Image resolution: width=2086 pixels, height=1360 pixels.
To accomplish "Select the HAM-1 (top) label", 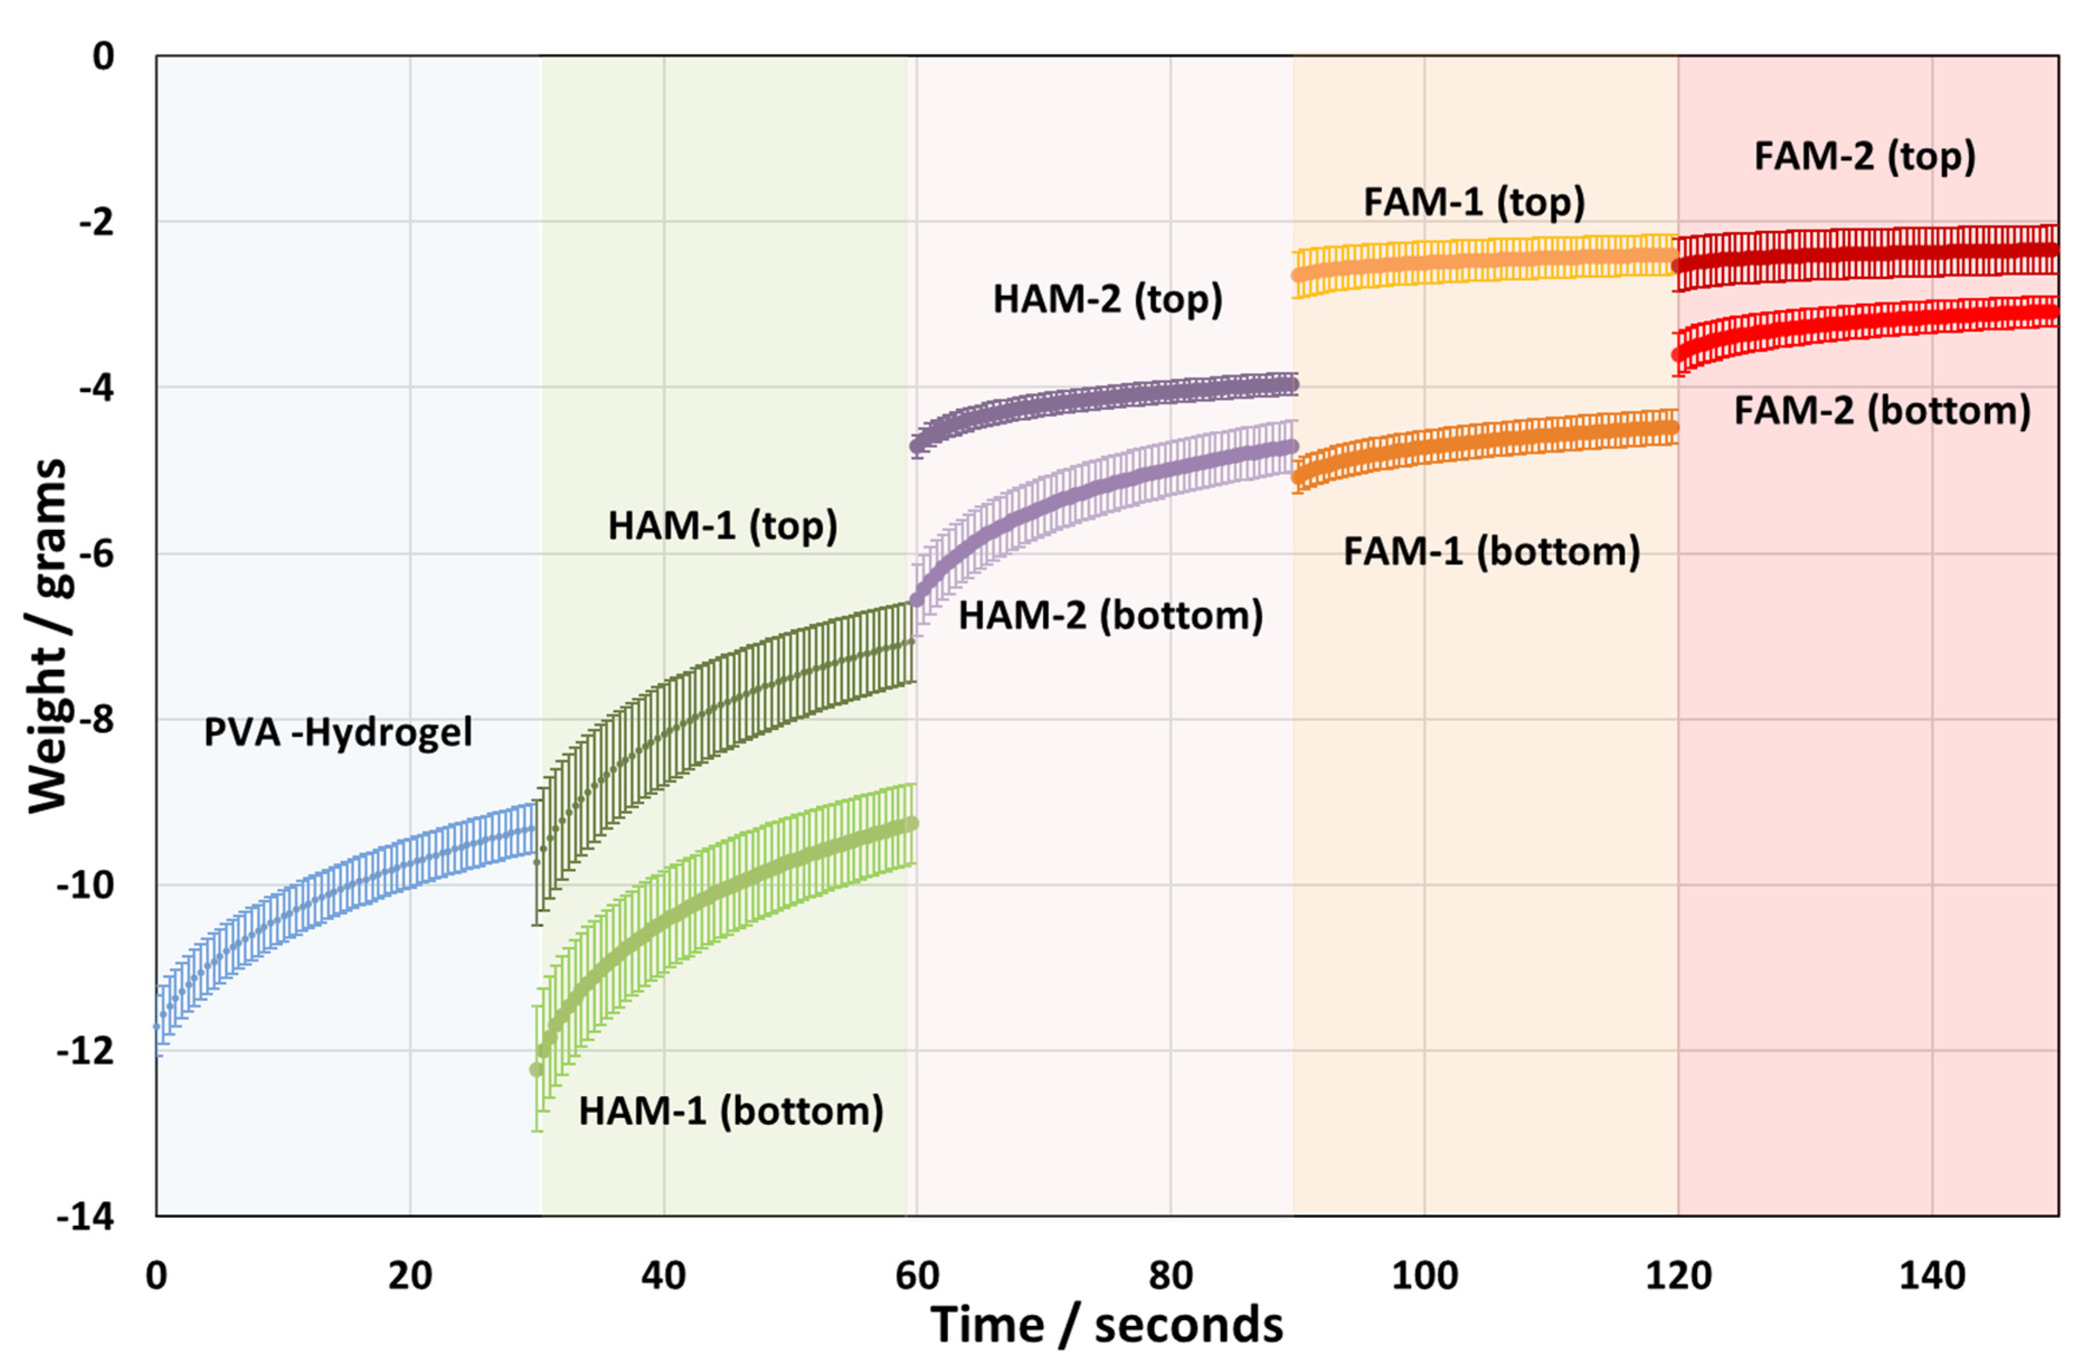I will (x=722, y=526).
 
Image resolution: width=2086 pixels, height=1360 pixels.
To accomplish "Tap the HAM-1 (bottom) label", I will (x=731, y=1111).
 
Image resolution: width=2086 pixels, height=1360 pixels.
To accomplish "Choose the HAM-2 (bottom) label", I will (x=1110, y=615).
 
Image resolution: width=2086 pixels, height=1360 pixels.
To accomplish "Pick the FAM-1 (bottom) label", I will (x=1491, y=552).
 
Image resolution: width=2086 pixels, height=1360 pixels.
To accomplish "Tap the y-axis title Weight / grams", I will (x=48, y=636).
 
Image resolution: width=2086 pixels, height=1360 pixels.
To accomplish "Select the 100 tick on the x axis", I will (x=1424, y=1276).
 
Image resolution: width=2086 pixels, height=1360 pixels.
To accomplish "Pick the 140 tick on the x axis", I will (x=1932, y=1276).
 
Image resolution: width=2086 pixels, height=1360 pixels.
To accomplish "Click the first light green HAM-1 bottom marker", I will (x=536, y=1070).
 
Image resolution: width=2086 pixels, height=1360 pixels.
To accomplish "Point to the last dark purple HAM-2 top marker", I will (x=1293, y=385).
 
